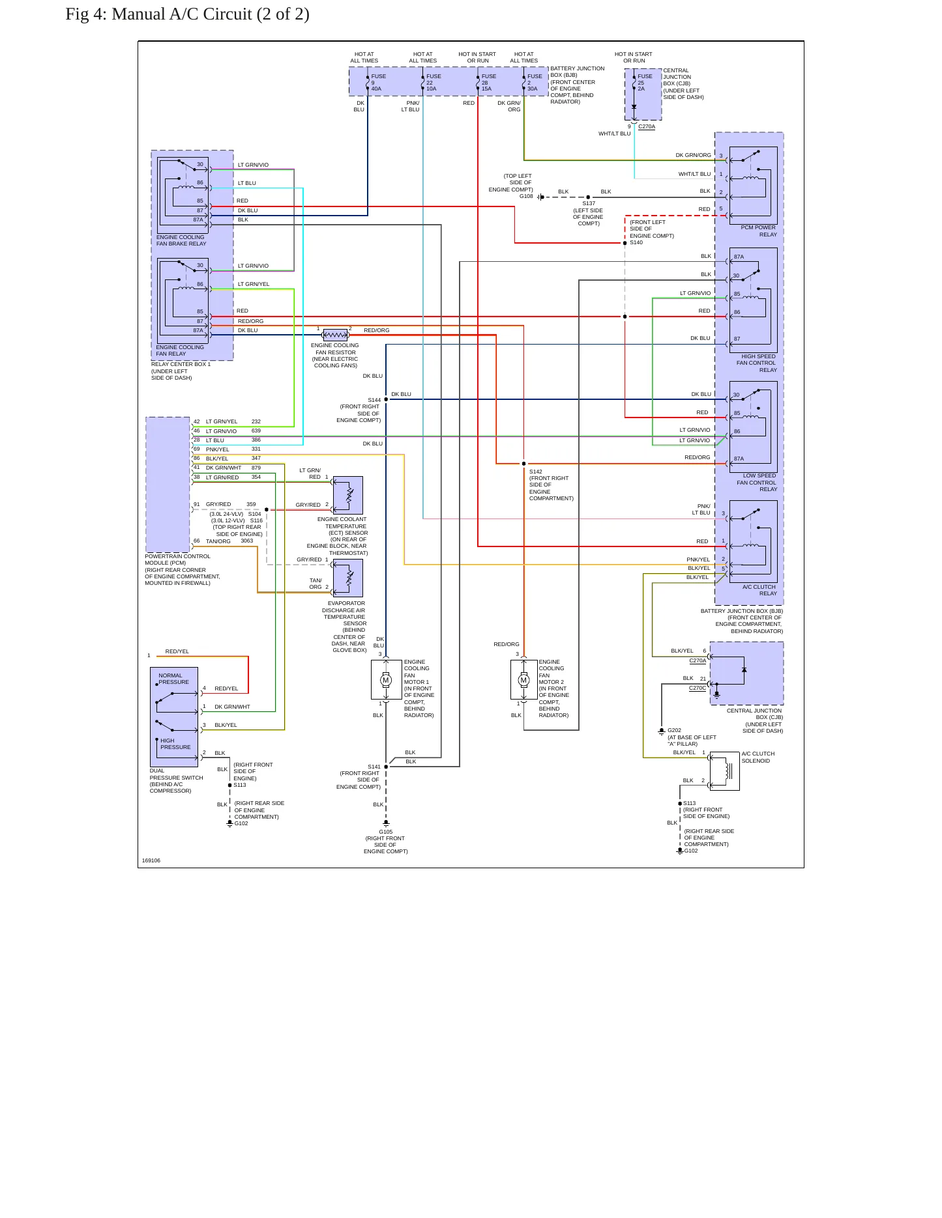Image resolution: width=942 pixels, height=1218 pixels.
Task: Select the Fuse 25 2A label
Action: (x=645, y=83)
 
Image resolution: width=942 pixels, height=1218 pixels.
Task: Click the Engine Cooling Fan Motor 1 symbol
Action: (x=386, y=680)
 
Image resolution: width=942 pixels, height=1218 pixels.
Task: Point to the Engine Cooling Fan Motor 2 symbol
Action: (x=524, y=680)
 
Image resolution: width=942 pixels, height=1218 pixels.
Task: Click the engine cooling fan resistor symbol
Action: (x=335, y=335)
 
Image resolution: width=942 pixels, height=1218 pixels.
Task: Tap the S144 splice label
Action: (x=374, y=400)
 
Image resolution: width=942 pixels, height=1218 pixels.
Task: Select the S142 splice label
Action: (x=536, y=472)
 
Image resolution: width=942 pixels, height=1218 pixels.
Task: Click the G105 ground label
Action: (x=386, y=832)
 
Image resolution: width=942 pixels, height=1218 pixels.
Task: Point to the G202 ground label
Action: (x=674, y=730)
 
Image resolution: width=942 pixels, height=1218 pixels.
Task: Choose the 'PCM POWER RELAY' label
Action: (x=759, y=231)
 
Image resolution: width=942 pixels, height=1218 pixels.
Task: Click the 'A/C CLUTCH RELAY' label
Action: (x=759, y=590)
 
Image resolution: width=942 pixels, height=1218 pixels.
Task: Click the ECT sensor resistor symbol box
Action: (x=348, y=496)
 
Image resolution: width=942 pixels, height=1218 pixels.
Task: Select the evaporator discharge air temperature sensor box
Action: (x=348, y=578)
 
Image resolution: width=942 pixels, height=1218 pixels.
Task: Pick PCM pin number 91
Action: (x=197, y=504)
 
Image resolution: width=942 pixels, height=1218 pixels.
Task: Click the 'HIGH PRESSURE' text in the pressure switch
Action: (x=175, y=744)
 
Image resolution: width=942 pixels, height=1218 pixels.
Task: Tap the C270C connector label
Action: (x=698, y=688)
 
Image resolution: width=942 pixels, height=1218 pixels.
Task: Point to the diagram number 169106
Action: (x=151, y=860)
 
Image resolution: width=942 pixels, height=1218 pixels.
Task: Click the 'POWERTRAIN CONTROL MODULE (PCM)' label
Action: (x=177, y=559)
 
